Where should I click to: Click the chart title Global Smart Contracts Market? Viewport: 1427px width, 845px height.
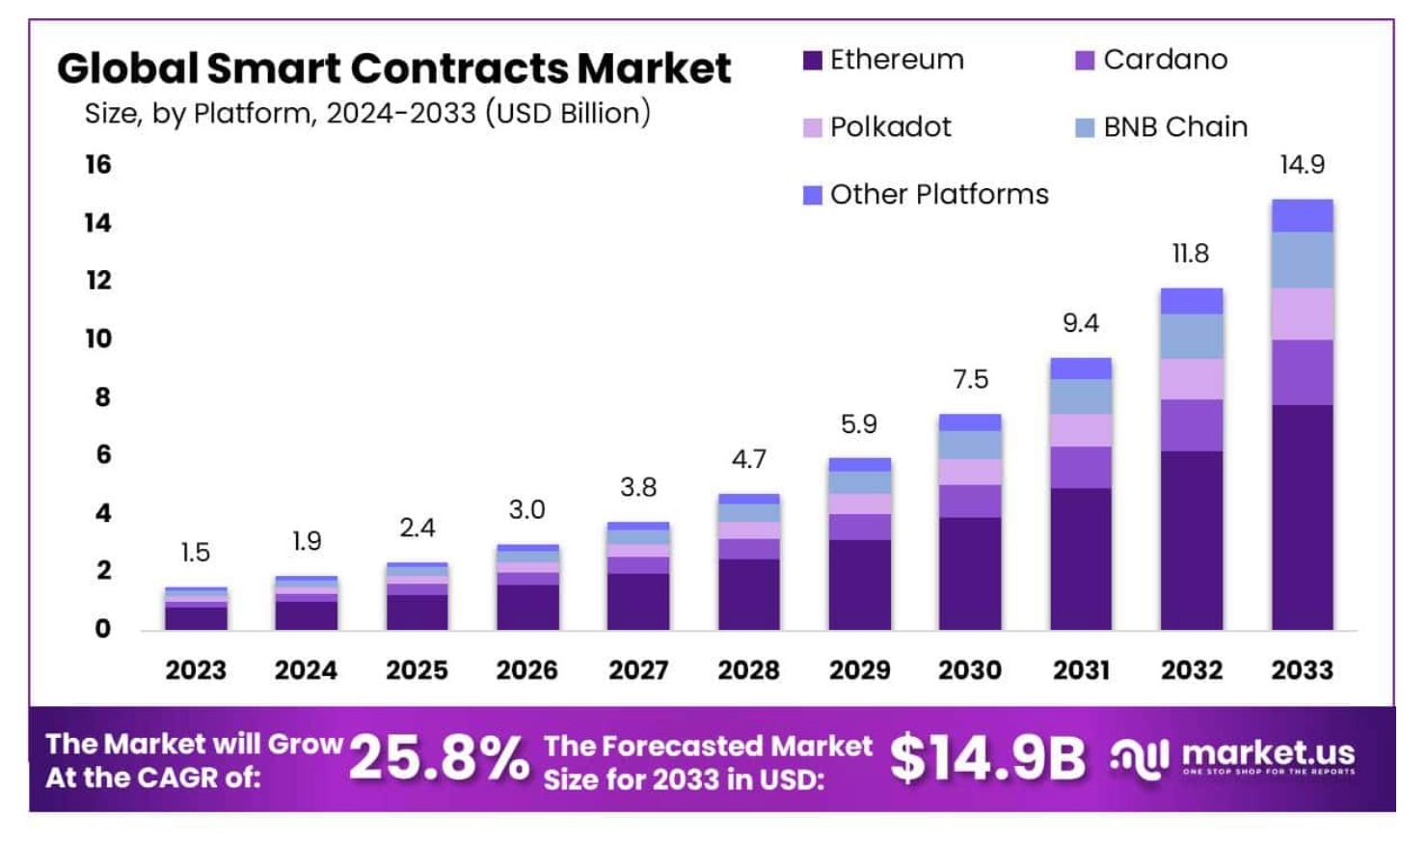point(393,68)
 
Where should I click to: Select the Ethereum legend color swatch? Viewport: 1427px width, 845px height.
point(812,61)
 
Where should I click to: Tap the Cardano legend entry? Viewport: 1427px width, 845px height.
point(1152,60)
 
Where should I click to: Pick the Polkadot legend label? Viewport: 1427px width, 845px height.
point(889,127)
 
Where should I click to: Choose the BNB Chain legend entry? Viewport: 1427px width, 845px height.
point(1162,127)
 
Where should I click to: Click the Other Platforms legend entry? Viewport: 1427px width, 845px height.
point(926,195)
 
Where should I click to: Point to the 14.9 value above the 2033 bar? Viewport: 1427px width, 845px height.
point(1302,165)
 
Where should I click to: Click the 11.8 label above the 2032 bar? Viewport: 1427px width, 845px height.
point(1191,254)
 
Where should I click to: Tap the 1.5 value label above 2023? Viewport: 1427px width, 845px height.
point(195,553)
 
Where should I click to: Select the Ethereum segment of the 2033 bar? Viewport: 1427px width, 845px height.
point(1302,517)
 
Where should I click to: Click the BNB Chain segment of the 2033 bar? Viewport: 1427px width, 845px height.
point(1302,260)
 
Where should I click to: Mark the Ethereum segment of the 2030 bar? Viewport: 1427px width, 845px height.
point(970,574)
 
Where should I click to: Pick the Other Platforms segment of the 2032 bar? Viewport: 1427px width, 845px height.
point(1192,301)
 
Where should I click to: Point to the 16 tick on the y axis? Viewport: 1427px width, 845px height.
point(98,165)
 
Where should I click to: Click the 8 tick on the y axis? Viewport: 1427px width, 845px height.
point(102,397)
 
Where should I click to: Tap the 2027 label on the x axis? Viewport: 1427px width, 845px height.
point(637,670)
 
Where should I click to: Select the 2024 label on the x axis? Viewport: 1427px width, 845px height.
point(306,670)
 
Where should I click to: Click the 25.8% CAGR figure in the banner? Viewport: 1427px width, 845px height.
point(439,758)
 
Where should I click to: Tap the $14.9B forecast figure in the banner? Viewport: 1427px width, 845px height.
point(987,758)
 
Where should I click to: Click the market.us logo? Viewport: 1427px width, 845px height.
point(1234,758)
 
